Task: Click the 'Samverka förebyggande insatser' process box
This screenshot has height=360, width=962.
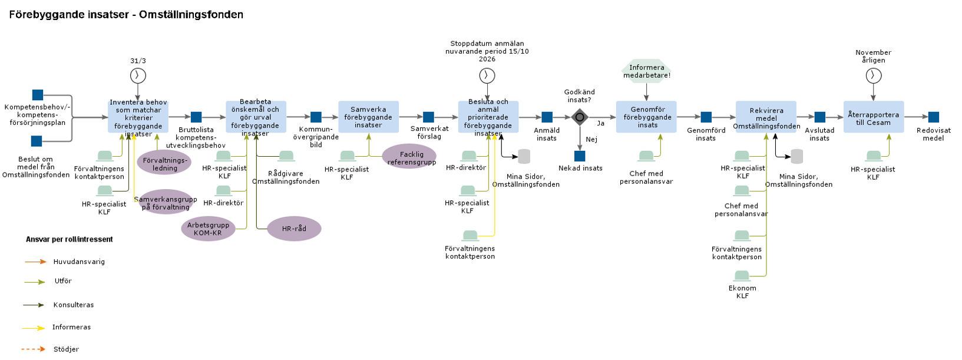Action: (368, 117)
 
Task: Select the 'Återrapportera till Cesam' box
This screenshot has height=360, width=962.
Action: (873, 117)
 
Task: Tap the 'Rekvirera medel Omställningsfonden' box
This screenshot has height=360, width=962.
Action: (766, 117)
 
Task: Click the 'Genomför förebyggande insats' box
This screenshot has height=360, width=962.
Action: (646, 117)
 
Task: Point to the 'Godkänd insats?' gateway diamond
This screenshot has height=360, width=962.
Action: (580, 117)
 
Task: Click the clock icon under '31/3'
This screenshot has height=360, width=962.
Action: (138, 75)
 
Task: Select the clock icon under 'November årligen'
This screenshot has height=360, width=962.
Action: (874, 75)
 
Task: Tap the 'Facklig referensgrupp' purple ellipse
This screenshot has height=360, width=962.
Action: (409, 156)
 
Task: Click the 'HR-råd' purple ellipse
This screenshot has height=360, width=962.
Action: (294, 229)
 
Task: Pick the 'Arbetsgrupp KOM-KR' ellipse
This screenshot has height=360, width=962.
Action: (208, 229)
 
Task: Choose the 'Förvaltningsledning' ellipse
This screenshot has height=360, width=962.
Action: (164, 163)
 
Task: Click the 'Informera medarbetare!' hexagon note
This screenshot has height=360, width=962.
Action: (646, 71)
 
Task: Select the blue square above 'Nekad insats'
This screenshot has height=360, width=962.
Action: (580, 156)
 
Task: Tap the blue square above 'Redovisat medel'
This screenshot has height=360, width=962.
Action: (933, 117)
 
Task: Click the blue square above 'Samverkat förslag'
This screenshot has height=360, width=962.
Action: (428, 117)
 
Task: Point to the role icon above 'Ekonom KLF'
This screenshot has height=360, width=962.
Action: (742, 276)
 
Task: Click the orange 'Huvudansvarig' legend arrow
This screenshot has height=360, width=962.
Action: (35, 262)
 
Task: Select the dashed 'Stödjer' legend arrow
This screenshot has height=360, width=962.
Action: (34, 349)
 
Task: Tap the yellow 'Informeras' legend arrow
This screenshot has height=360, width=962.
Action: (34, 328)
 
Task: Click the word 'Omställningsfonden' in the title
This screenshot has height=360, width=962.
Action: (191, 15)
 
